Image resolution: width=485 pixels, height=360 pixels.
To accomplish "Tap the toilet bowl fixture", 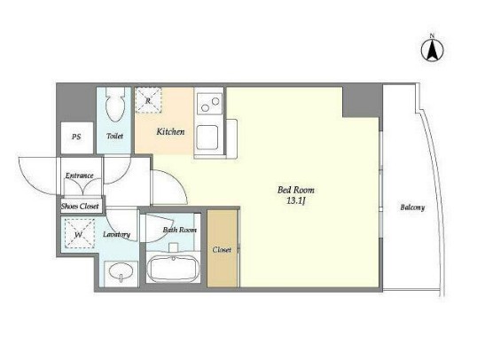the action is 115,105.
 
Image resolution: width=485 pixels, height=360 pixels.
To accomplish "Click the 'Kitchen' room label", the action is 170,132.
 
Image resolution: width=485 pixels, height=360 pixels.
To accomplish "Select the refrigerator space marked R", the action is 148,100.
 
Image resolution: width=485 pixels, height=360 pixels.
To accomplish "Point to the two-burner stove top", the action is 210,104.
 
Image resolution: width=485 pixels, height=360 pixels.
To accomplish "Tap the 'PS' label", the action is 76,137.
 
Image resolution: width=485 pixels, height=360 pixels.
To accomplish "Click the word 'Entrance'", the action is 79,176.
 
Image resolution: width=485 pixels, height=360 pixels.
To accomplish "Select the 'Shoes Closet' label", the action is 80,207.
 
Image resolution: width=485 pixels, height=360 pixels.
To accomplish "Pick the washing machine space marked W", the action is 80,233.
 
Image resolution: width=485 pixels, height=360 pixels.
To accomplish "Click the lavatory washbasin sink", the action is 121,271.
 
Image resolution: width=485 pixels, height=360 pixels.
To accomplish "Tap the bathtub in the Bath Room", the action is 173,268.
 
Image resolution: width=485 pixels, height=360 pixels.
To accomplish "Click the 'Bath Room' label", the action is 180,230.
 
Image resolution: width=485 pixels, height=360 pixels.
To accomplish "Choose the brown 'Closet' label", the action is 222,249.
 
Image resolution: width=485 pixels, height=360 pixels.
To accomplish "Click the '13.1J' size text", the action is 296,201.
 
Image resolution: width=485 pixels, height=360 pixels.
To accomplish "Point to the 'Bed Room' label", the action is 296,190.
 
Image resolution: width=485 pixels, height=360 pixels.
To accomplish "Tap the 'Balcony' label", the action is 412,207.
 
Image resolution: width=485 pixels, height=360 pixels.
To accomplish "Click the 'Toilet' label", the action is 114,136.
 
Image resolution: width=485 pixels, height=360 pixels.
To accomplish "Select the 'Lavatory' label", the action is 117,234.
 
